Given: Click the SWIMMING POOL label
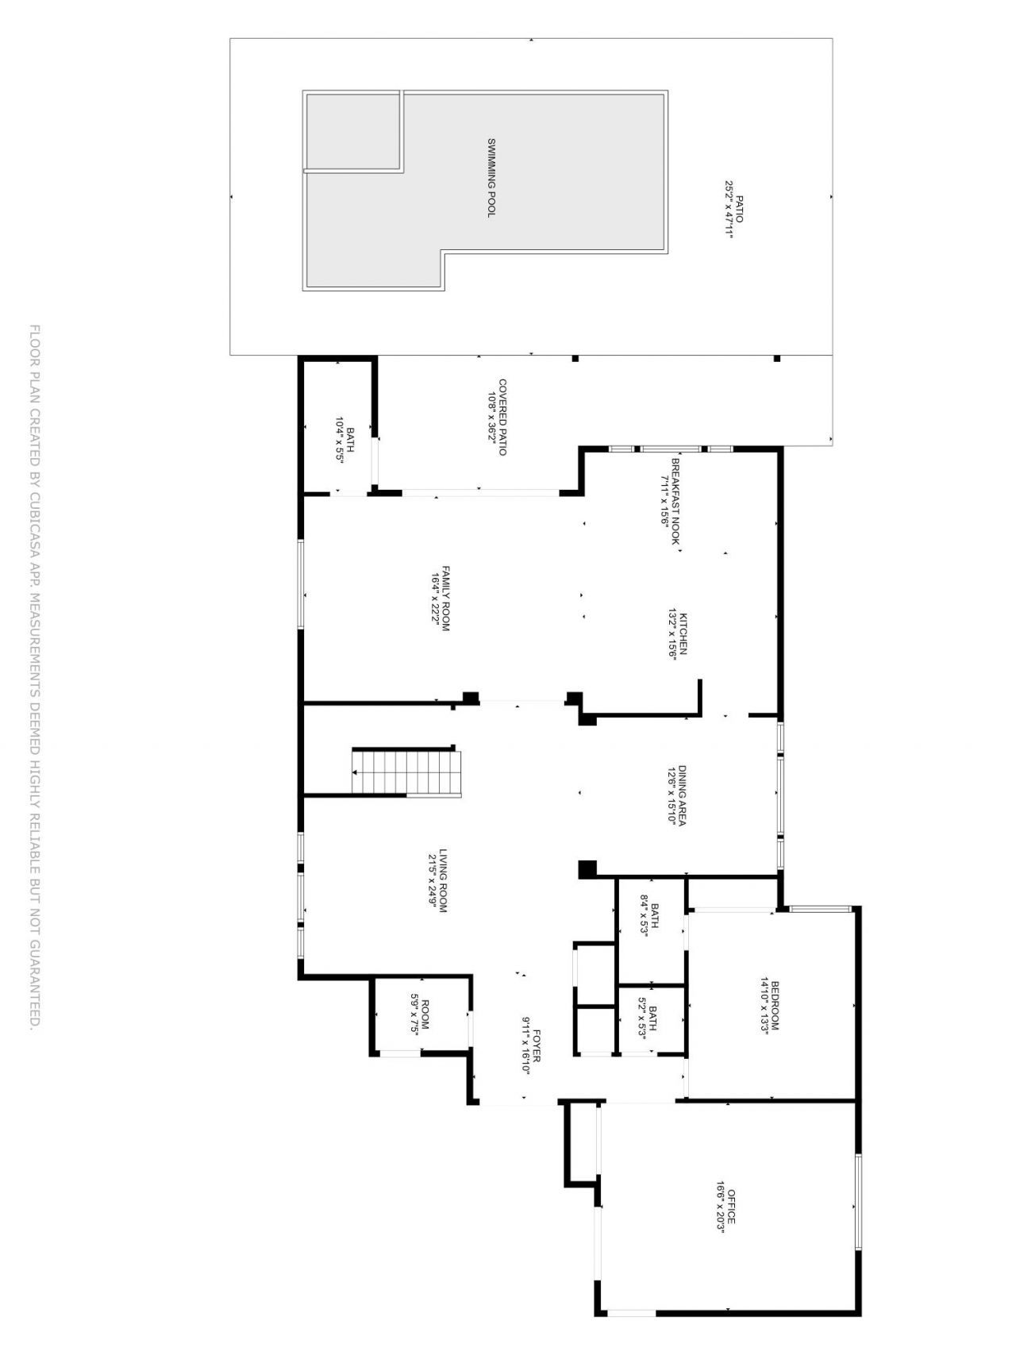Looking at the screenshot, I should tap(491, 178).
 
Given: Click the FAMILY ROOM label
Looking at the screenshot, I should tap(446, 599).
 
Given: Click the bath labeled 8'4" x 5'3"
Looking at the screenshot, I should tap(650, 917).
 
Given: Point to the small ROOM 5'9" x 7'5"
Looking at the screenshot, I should tap(419, 1014).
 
